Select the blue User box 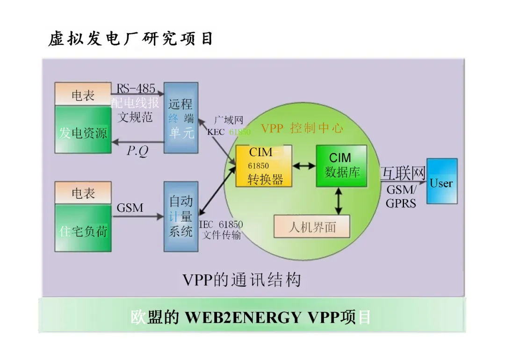click(x=442, y=181)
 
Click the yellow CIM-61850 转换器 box click(x=264, y=166)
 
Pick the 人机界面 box click(x=312, y=227)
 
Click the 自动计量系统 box click(x=181, y=216)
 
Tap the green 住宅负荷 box click(x=83, y=230)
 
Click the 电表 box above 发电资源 click(x=83, y=95)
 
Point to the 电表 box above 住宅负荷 click(x=83, y=193)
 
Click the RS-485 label click(x=136, y=89)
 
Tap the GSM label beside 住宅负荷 click(x=130, y=207)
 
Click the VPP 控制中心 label click(x=302, y=128)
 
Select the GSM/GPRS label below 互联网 click(x=401, y=197)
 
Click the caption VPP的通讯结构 click(x=242, y=280)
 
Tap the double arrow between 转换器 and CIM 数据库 click(x=304, y=166)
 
